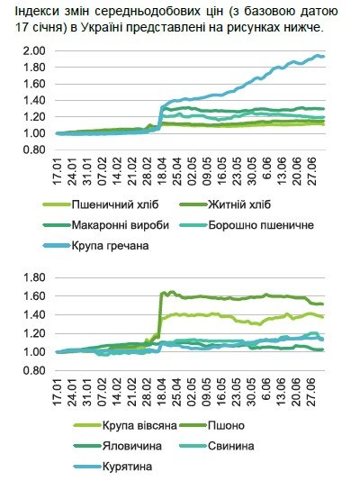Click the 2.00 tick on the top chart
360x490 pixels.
(32, 50)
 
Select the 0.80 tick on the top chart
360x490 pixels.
(32, 150)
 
